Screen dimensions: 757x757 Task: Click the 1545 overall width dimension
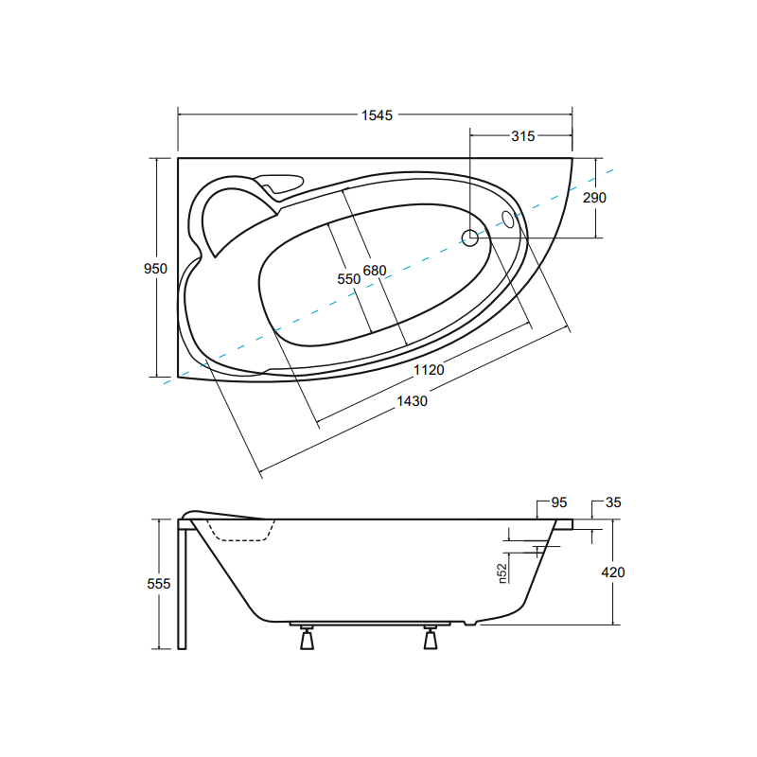click(x=376, y=115)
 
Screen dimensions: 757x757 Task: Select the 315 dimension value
click(x=522, y=136)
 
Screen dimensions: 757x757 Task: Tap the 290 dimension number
click(x=594, y=198)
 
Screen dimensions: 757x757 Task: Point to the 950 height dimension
click(x=155, y=269)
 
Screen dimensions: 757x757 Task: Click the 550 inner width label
click(x=349, y=279)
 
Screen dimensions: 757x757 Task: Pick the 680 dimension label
click(x=375, y=271)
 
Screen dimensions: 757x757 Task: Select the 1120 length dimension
click(x=429, y=370)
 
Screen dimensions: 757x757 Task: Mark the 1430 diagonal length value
click(x=413, y=400)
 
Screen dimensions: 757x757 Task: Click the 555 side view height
click(x=159, y=584)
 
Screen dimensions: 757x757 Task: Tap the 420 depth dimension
click(x=612, y=572)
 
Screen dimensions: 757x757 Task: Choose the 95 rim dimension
click(x=557, y=502)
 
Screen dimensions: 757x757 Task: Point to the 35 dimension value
click(x=612, y=502)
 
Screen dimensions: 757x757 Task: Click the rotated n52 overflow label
click(x=503, y=572)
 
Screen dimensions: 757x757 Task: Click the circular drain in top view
click(x=470, y=238)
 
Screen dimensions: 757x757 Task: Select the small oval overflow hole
click(x=508, y=220)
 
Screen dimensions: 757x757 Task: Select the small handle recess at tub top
click(x=282, y=184)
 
